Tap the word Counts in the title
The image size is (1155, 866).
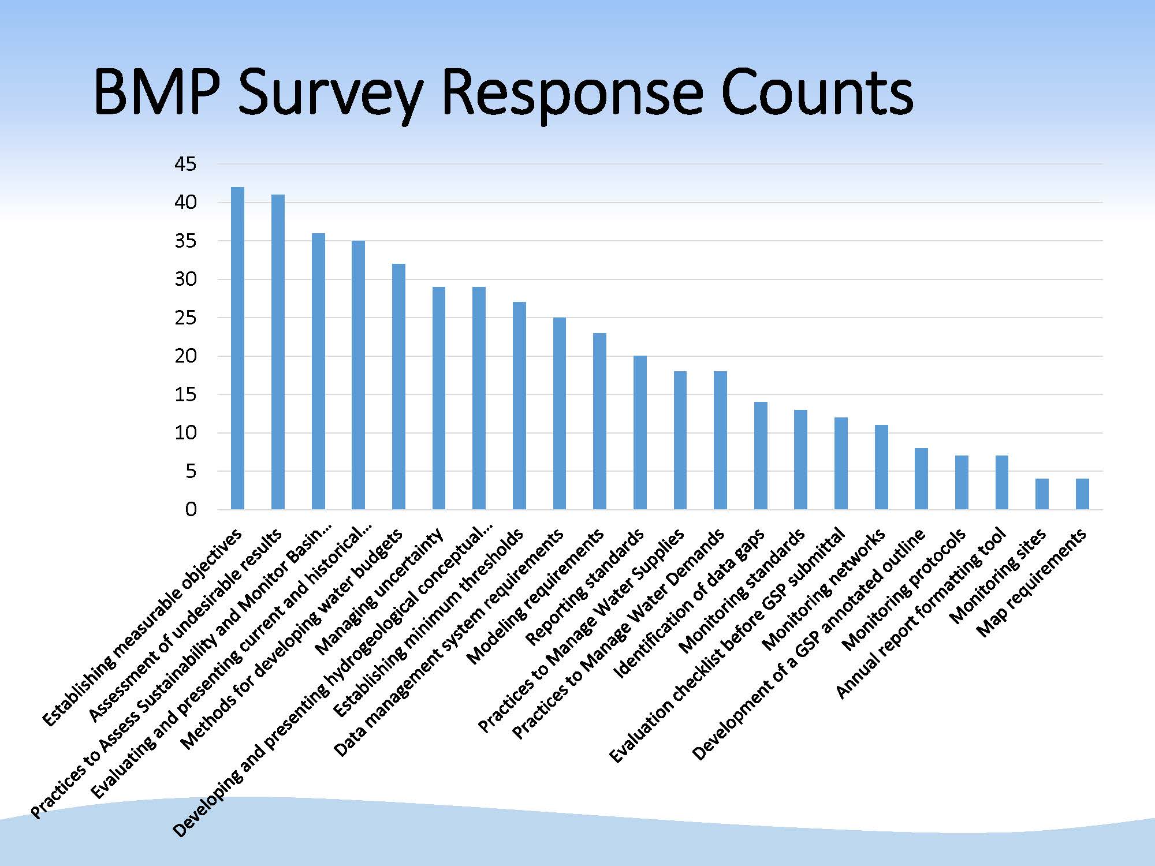[817, 92]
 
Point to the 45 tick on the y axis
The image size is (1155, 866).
[185, 165]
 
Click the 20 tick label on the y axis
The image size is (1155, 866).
[185, 356]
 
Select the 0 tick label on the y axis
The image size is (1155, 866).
[191, 510]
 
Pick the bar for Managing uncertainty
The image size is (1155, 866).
[439, 398]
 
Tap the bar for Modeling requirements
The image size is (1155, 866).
[599, 421]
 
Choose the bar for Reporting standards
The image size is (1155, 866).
[640, 433]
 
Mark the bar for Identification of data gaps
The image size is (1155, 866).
[761, 456]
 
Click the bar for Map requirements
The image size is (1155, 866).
[1082, 494]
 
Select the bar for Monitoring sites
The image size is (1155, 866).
[1042, 494]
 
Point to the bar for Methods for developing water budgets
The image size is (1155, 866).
[398, 387]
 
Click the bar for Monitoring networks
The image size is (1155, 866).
[881, 468]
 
